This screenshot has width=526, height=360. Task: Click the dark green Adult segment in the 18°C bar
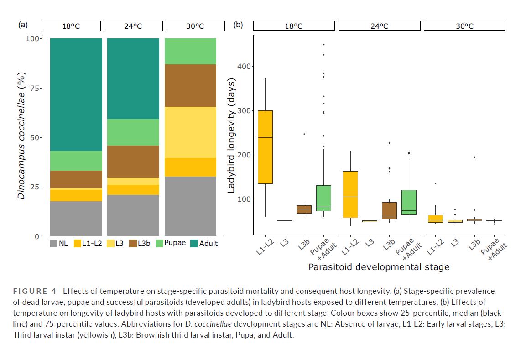click(76, 94)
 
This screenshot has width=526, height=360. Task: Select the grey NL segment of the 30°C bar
click(190, 206)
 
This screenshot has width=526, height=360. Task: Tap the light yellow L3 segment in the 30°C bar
click(190, 132)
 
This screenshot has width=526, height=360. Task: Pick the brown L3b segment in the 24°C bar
click(133, 162)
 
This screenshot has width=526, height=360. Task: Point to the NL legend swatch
click(54, 243)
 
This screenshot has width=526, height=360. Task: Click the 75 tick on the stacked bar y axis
click(33, 88)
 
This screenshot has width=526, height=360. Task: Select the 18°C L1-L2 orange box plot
click(266, 147)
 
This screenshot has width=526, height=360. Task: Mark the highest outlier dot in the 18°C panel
click(324, 45)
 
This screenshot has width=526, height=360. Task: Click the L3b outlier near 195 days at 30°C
click(474, 157)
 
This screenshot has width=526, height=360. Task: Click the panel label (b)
click(238, 25)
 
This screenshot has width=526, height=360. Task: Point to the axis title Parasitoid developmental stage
click(379, 267)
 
